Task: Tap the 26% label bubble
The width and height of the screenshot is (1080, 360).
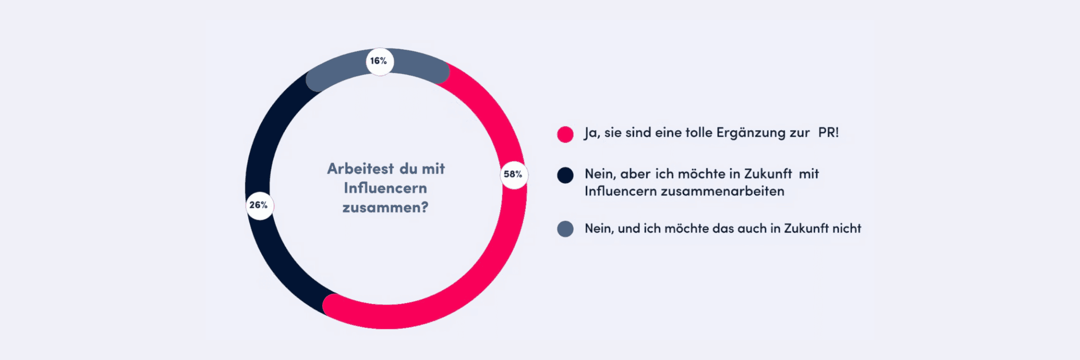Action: (260, 205)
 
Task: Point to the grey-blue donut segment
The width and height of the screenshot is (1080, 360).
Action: (342, 67)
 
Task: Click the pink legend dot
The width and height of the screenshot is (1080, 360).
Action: (565, 134)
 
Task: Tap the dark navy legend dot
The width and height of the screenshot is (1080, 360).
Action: (565, 175)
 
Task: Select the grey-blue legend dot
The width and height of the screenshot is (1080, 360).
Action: (565, 229)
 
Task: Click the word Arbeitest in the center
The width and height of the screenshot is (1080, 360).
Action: (360, 169)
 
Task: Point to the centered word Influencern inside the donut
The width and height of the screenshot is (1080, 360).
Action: (386, 188)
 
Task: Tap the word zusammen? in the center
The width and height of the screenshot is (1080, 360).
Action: (386, 207)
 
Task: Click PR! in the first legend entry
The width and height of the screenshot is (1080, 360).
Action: (828, 132)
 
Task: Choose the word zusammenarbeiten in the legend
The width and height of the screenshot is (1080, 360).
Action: (722, 191)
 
